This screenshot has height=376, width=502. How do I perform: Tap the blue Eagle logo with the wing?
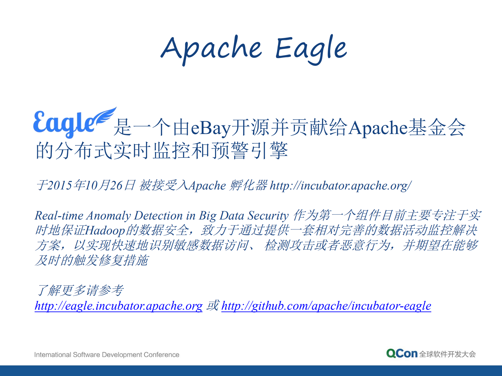coord(75,123)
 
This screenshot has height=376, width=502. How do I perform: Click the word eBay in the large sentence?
coord(211,128)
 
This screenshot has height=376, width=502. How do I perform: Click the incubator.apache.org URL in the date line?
coord(341,186)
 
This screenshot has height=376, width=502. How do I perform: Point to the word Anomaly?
coord(109,216)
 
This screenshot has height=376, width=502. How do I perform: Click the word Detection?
coord(158,216)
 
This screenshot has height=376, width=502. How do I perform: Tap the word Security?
coord(268,216)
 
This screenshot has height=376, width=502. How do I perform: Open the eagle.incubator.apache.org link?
coord(119,306)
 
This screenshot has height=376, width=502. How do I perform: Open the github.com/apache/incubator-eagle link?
coord(326,306)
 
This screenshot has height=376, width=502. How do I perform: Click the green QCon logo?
coord(402,354)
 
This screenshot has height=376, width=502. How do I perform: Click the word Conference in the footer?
coord(161,355)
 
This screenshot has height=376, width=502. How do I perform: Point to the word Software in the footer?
coord(86,355)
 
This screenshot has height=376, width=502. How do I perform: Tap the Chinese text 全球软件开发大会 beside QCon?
coord(448,354)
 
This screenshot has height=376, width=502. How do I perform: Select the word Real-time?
coord(59,216)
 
